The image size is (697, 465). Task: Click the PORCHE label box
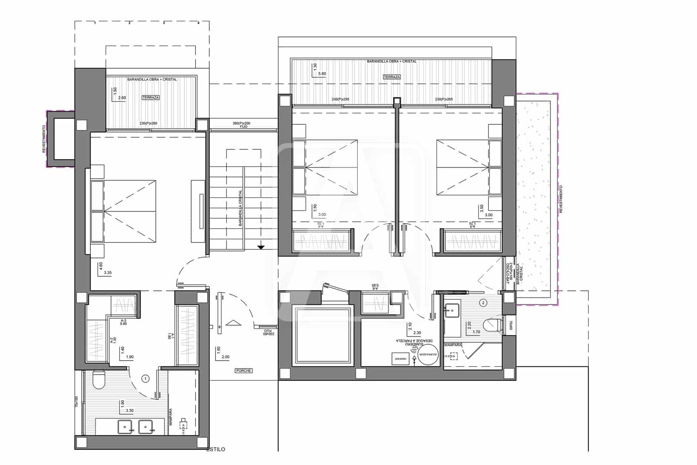tap(244, 371)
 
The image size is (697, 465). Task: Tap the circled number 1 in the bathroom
tap(146, 379)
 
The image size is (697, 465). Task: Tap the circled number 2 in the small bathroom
tap(483, 302)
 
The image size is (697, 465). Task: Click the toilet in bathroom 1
tap(99, 380)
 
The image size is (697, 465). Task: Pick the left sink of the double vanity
tap(125, 426)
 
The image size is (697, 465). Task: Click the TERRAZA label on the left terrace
tap(150, 98)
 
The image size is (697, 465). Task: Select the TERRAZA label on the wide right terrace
tap(392, 77)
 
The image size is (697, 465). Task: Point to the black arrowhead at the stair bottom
tap(261, 247)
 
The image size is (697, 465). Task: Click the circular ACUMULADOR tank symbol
tap(426, 356)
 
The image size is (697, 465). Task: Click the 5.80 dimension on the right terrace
tap(322, 74)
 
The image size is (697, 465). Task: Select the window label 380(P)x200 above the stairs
tap(241, 123)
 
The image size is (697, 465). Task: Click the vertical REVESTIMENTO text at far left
tap(44, 139)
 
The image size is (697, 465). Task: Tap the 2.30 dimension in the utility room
tap(417, 333)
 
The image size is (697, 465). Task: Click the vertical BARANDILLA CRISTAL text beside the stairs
tap(240, 208)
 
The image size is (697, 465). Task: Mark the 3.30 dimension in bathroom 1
tap(130, 410)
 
